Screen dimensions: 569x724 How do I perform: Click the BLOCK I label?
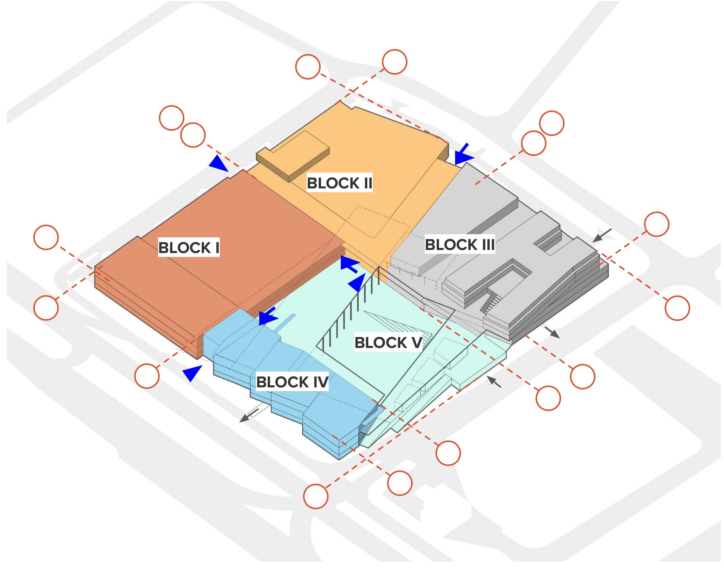pyautogui.click(x=189, y=247)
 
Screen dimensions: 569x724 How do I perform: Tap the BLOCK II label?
pyautogui.click(x=339, y=183)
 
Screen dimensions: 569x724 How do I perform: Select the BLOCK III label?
pyautogui.click(x=460, y=244)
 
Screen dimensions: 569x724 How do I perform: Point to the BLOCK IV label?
pyautogui.click(x=292, y=382)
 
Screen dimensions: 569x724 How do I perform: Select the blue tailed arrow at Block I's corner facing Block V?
pyautogui.click(x=349, y=264)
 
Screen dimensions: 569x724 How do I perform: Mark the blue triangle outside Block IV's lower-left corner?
pyautogui.click(x=192, y=372)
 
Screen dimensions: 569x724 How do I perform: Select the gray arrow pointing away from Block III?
pyautogui.click(x=552, y=332)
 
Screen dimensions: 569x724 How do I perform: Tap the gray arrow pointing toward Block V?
pyautogui.click(x=494, y=382)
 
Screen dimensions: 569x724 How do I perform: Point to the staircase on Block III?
pyautogui.click(x=490, y=302)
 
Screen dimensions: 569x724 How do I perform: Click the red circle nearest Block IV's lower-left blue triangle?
pyautogui.click(x=147, y=376)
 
